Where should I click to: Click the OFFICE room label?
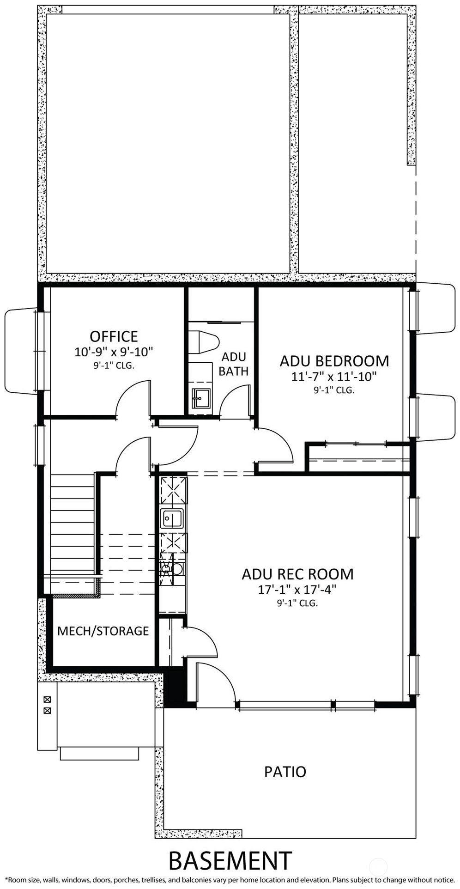[x=114, y=336]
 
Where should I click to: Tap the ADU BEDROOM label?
[x=334, y=360]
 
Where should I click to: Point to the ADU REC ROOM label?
[x=298, y=574]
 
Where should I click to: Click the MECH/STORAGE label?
[x=103, y=631]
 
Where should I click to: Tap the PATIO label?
[x=285, y=772]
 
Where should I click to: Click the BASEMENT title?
[x=230, y=860]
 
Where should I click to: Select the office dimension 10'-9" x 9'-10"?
[x=114, y=352]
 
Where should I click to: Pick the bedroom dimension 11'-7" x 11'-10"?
[x=334, y=377]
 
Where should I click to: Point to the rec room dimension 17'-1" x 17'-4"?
[x=298, y=590]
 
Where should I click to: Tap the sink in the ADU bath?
[x=200, y=398]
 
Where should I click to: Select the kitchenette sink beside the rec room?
[x=172, y=518]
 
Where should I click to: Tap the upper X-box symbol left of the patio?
[x=47, y=700]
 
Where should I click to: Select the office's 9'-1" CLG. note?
[x=114, y=365]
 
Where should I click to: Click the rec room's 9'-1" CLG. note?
[x=298, y=603]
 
